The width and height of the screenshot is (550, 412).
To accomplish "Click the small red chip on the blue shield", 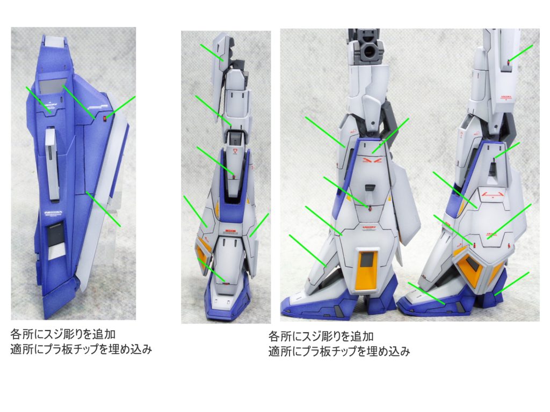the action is click(x=105, y=118).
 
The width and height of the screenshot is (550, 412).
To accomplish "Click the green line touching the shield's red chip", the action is click(x=121, y=106).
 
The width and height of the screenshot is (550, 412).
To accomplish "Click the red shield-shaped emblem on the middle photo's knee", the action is click(x=235, y=151).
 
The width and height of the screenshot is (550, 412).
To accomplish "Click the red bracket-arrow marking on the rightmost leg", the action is click(x=493, y=194).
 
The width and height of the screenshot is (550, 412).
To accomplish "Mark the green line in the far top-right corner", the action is click(x=521, y=53).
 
